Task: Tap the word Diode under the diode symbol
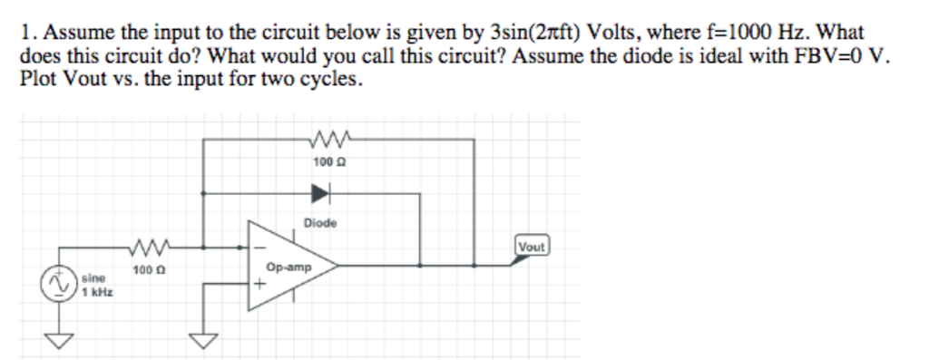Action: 320,222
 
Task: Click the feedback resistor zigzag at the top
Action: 323,141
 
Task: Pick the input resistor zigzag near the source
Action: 146,247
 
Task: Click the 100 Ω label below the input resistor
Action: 145,269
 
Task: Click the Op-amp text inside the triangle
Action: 289,268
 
